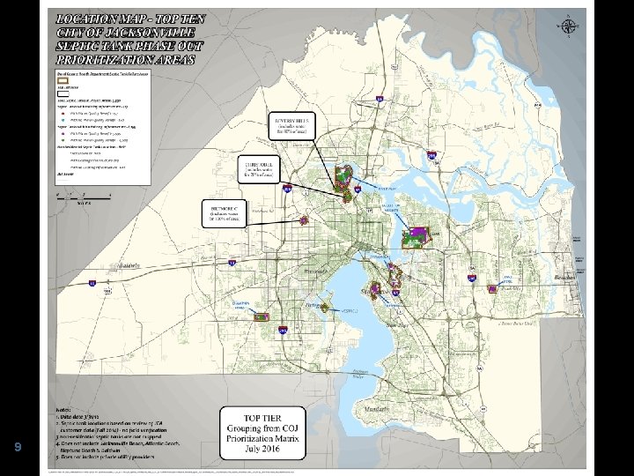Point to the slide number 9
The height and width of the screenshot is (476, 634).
17,447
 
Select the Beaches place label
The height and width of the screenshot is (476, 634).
564,277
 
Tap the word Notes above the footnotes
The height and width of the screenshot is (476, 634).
63,411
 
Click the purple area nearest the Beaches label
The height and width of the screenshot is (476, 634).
508,284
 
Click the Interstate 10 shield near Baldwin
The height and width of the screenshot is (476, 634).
92,282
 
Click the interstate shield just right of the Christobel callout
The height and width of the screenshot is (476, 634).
288,188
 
